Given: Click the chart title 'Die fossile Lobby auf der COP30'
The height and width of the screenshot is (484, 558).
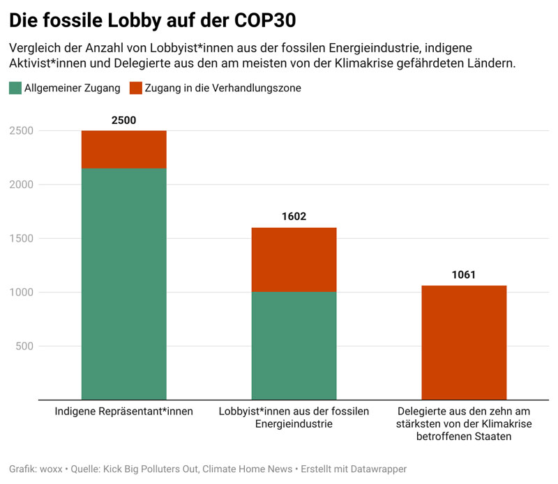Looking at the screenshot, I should pos(152,20).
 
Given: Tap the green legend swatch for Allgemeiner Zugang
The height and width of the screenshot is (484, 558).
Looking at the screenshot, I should pos(15,88).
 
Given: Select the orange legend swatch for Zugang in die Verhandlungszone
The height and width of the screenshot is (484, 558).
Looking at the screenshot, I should pos(136,88).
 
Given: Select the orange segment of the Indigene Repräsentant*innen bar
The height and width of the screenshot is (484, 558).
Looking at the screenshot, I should pos(124,150).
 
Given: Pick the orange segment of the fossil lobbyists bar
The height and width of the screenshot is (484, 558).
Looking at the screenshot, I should pos(294,260).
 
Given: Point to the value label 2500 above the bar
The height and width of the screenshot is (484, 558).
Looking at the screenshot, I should pos(124,120).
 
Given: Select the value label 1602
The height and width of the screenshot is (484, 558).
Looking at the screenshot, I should pos(294,217).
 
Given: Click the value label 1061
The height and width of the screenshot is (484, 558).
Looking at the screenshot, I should pos(464,274).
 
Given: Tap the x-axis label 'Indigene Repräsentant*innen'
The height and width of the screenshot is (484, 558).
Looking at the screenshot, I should pos(124,412).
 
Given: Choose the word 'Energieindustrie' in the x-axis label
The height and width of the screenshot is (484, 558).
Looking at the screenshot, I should pos(294,423).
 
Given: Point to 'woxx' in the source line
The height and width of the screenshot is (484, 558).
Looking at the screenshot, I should pos(51,469).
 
